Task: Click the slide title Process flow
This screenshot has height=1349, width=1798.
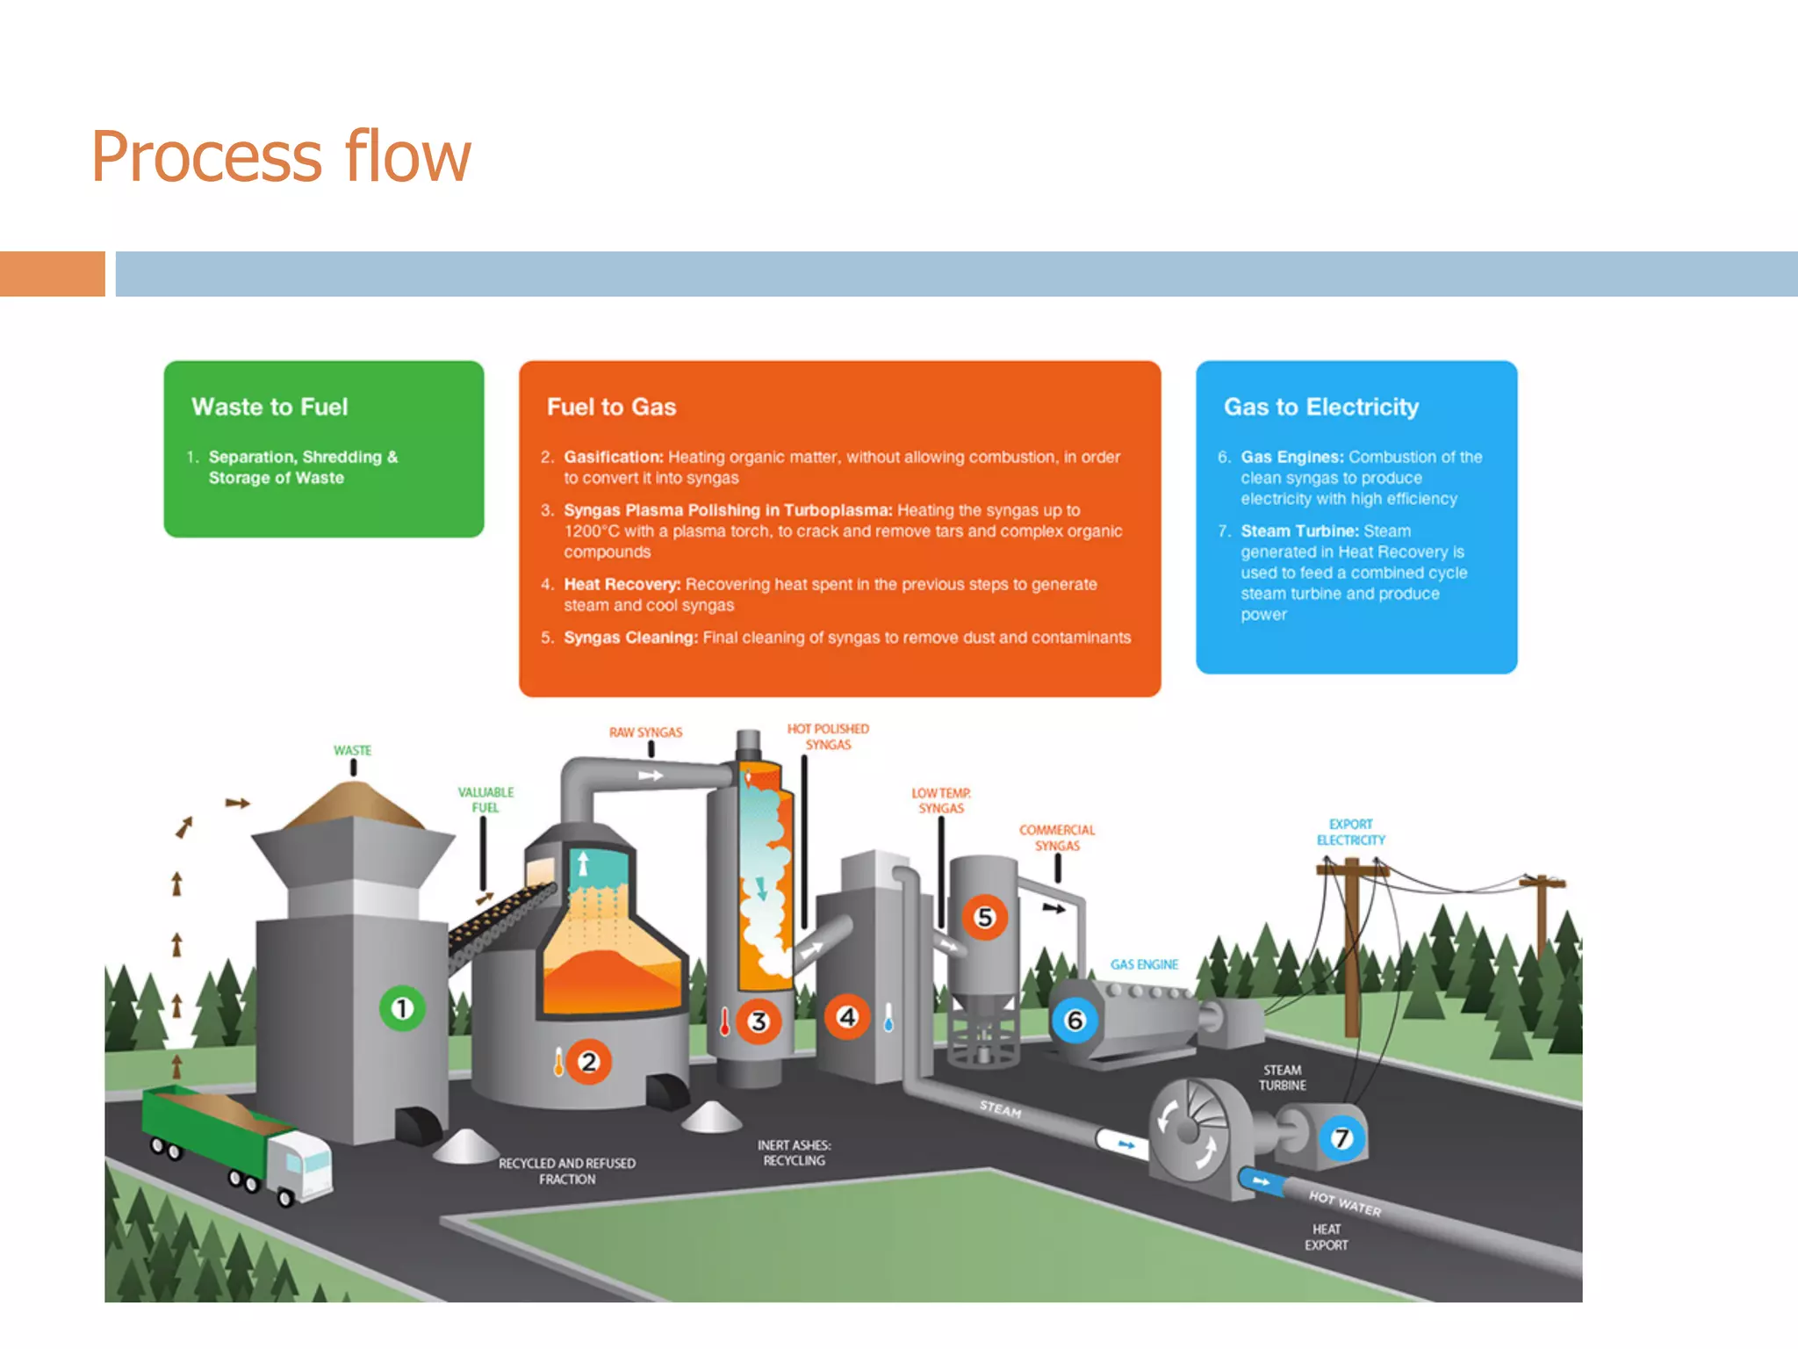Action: pyautogui.click(x=281, y=156)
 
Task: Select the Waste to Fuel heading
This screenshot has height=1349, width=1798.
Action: pyautogui.click(x=270, y=407)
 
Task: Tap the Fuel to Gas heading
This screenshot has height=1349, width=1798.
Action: pyautogui.click(x=611, y=407)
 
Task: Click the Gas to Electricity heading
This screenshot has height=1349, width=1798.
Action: pyautogui.click(x=1320, y=407)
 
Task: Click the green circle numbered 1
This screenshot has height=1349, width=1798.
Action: pyautogui.click(x=402, y=1008)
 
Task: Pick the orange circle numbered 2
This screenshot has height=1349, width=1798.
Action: pyautogui.click(x=588, y=1062)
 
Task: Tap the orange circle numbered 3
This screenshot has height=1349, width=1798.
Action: pyautogui.click(x=758, y=1021)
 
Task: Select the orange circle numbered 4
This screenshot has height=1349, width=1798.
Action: pyautogui.click(x=846, y=1017)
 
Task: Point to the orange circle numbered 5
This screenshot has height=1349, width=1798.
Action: pyautogui.click(x=984, y=917)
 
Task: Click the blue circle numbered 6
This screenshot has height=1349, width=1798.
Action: pyautogui.click(x=1075, y=1021)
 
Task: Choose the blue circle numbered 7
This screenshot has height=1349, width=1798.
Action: pyautogui.click(x=1341, y=1138)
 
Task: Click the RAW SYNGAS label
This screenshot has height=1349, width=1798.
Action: pyautogui.click(x=645, y=732)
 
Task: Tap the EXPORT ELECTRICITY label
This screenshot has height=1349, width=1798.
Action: pyautogui.click(x=1350, y=833)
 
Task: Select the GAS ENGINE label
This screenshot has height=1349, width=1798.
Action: pyautogui.click(x=1143, y=964)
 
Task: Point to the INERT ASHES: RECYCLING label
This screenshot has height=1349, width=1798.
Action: pyautogui.click(x=794, y=1153)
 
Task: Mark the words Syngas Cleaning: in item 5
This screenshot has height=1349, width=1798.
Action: pyautogui.click(x=630, y=638)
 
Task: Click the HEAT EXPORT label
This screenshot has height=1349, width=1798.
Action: pyautogui.click(x=1326, y=1237)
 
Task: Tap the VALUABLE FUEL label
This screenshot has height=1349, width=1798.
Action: pyautogui.click(x=485, y=800)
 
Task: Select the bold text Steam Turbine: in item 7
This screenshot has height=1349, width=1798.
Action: pyautogui.click(x=1299, y=531)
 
